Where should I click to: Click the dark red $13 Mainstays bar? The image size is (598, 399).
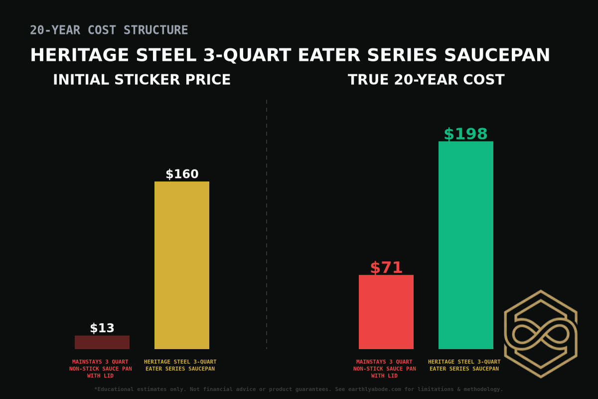tap(102, 342)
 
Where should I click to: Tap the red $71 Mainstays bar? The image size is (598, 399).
tap(386, 312)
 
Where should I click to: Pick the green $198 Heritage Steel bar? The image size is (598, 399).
tap(466, 245)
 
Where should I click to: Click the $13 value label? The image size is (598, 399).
tap(102, 328)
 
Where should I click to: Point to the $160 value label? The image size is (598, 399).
tap(182, 174)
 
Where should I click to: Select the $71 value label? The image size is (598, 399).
tap(386, 268)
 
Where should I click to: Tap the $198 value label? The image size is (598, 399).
tap(466, 134)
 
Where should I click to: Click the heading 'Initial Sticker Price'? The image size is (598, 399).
tap(142, 80)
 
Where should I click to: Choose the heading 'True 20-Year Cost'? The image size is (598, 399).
tap(426, 80)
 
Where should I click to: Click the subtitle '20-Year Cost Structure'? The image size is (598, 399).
tap(109, 30)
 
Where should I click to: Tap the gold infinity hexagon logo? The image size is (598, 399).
tap(541, 334)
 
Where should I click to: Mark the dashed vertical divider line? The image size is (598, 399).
tap(267, 224)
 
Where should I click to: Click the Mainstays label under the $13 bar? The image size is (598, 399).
tap(101, 369)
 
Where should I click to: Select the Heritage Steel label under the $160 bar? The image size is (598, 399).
tap(180, 365)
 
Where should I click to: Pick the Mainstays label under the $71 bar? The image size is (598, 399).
tap(385, 369)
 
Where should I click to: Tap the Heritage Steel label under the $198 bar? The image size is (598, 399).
tap(464, 365)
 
